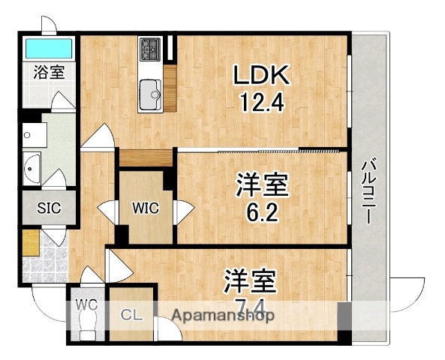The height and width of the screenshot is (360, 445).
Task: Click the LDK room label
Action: tap(262, 75)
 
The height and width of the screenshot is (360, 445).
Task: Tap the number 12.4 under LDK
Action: tap(262, 101)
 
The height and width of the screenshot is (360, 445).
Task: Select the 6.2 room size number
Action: tap(263, 213)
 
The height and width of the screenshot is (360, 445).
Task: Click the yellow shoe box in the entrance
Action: tap(30, 242)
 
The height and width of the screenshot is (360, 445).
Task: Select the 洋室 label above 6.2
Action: tap(263, 184)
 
